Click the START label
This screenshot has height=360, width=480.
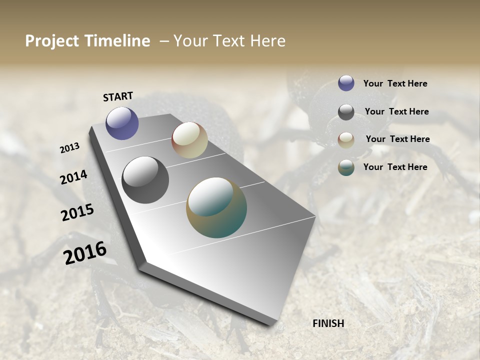(118, 96)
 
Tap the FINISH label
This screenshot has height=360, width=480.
(328, 323)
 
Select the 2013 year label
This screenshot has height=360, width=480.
(70, 148)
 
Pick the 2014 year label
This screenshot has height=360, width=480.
(73, 177)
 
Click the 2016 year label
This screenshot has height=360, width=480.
(85, 253)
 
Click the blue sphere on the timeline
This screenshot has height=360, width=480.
(122, 123)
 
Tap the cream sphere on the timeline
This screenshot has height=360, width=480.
(189, 140)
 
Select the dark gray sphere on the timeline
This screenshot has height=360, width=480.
(145, 180)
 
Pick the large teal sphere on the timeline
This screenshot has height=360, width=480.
(216, 207)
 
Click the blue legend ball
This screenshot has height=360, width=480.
(346, 83)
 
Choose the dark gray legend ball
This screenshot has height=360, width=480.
(346, 112)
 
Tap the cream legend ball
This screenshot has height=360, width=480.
(346, 139)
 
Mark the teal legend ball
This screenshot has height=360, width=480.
(346, 167)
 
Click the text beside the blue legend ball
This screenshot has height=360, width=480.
(395, 84)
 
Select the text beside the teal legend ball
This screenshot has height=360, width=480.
(395, 167)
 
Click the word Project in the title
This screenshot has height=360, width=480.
(51, 41)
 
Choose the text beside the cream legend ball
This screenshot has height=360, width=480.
(397, 139)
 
